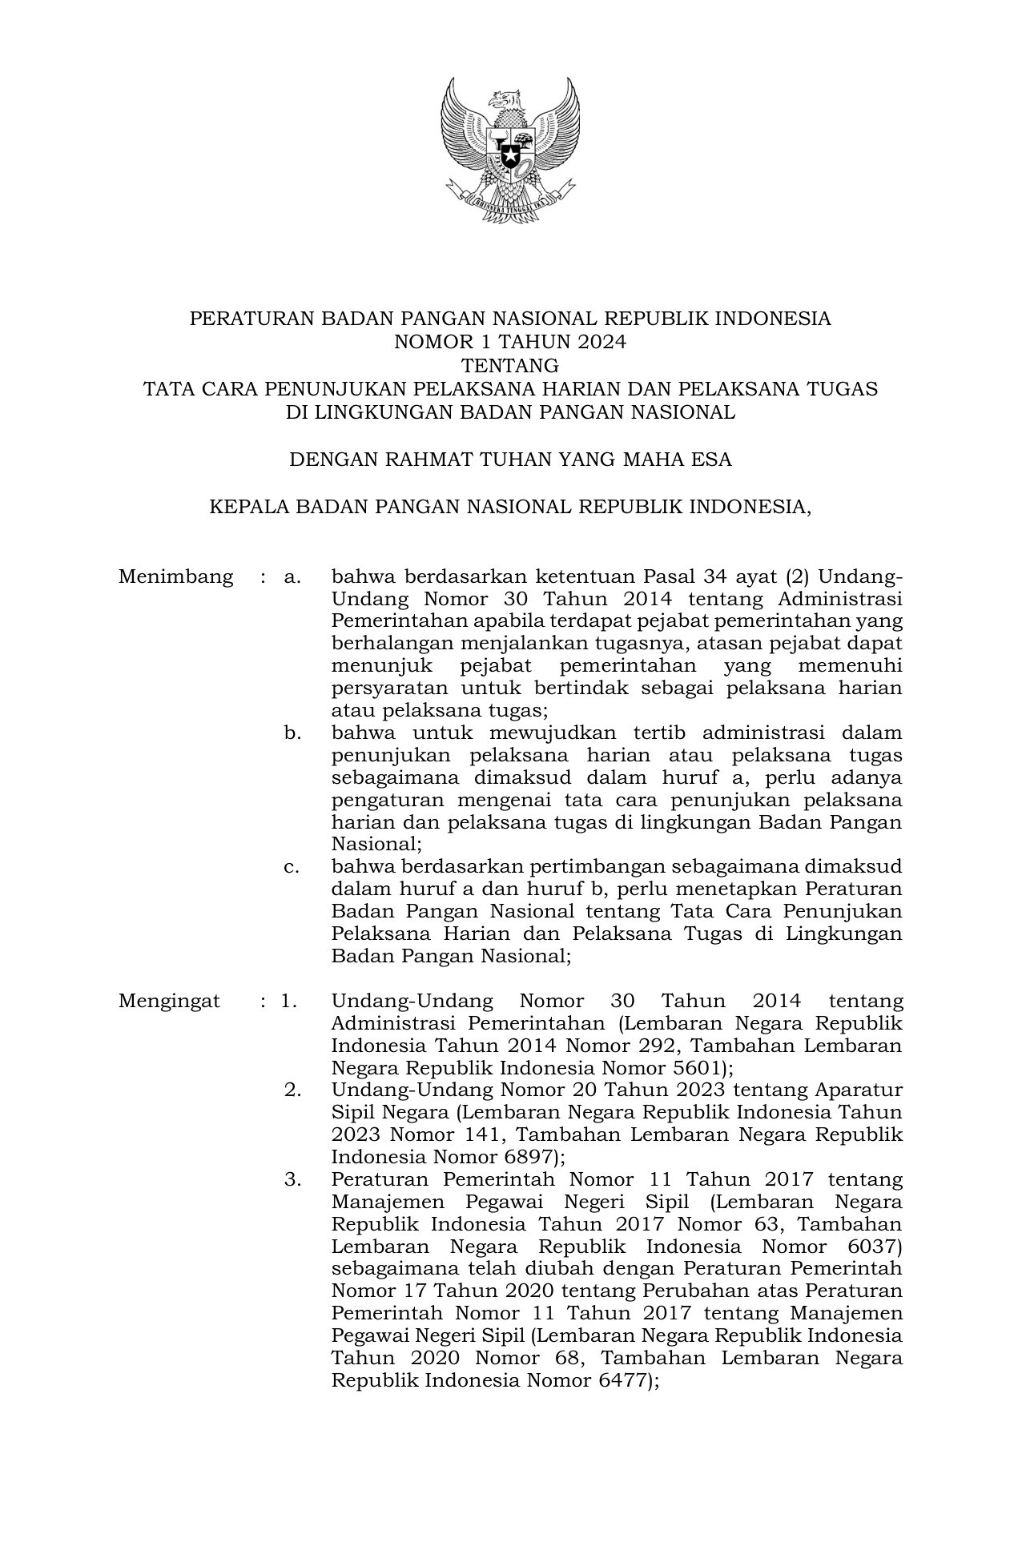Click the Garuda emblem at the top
click(510, 151)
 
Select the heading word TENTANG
click(510, 366)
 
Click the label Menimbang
click(175, 576)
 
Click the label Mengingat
click(169, 1001)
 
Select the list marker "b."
click(292, 733)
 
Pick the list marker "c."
click(292, 866)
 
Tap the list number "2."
click(292, 1090)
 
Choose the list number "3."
click(292, 1179)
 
